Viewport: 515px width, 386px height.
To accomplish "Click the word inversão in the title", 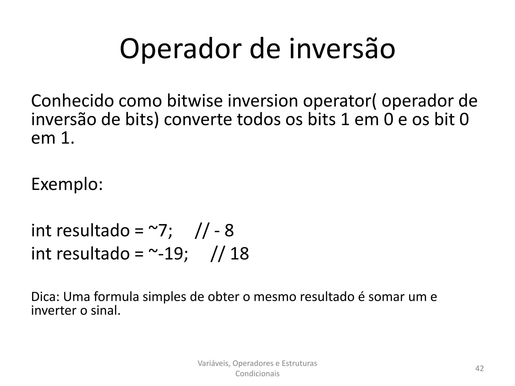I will click(x=342, y=49).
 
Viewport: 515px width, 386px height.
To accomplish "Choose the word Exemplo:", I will click(x=67, y=184).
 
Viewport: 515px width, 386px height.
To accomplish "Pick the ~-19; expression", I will click(x=168, y=254).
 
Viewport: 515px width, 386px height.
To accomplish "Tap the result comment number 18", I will click(x=239, y=254).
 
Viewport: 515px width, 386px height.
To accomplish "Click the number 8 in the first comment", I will click(x=229, y=230).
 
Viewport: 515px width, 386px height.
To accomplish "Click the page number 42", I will click(x=479, y=368).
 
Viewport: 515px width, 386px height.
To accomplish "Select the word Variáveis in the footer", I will click(x=213, y=363).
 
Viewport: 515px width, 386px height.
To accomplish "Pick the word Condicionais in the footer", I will click(x=257, y=374).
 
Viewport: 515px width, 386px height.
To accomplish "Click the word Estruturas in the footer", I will click(x=299, y=363).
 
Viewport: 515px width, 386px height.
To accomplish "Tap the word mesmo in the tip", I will click(x=273, y=297).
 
